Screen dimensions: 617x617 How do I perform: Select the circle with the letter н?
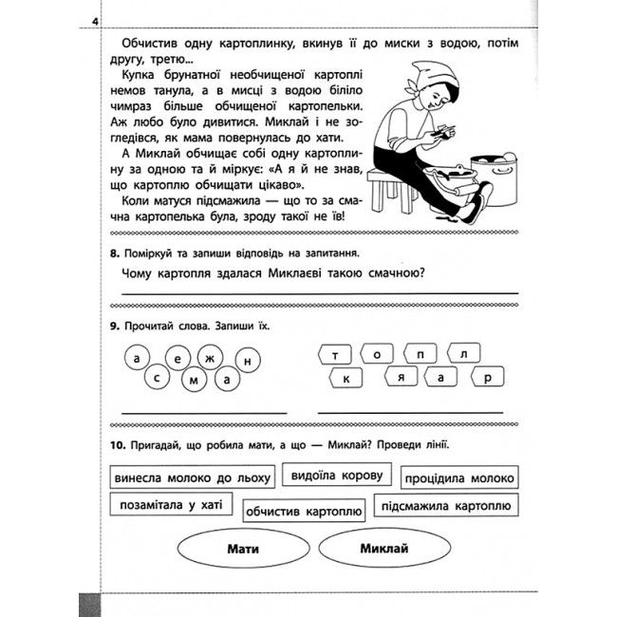point(247,362)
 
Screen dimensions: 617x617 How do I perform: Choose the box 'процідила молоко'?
point(459,477)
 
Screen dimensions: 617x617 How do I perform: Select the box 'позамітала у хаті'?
point(171,505)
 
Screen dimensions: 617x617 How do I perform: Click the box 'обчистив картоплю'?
point(303,512)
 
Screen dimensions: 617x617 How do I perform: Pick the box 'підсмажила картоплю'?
point(445,505)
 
